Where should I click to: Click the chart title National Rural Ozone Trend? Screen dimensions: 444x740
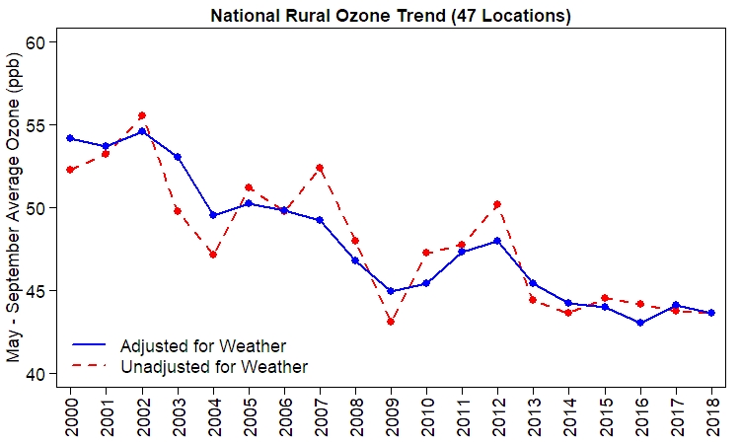point(391,16)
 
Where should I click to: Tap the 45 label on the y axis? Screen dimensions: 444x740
point(38,291)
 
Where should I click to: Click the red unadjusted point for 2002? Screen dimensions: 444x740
point(142,115)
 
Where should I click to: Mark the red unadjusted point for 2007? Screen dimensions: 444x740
point(320,168)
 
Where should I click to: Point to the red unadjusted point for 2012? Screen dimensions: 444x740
point(497,204)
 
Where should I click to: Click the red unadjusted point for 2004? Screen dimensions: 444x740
point(213,255)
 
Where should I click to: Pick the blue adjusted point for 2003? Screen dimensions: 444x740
point(178,157)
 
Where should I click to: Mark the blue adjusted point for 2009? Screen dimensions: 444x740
point(391,291)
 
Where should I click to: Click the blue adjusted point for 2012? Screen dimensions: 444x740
point(497,241)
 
